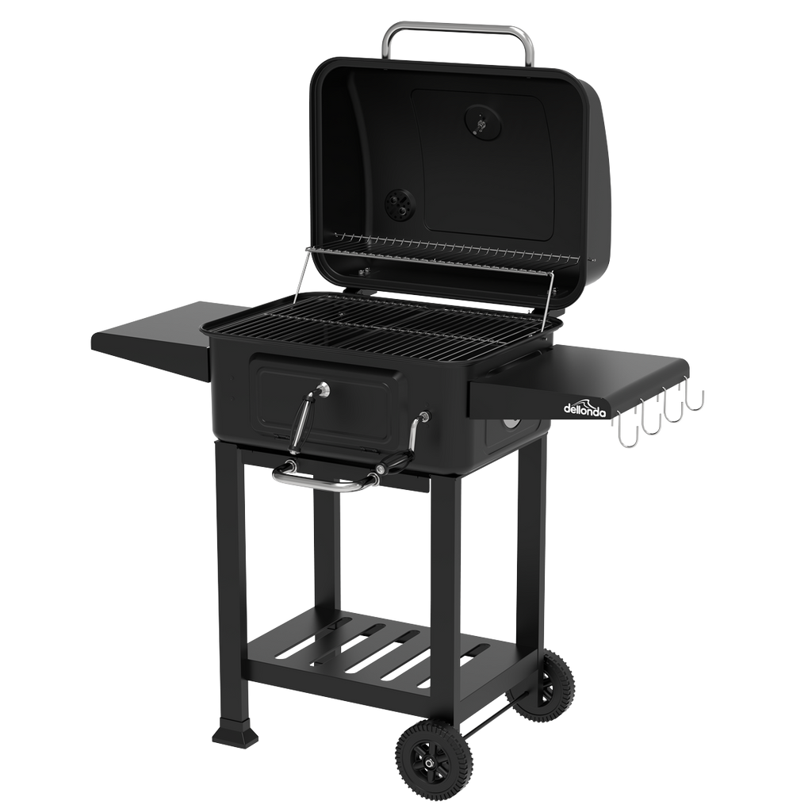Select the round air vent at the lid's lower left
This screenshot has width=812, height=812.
point(396,205)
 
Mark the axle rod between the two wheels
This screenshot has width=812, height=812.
point(492,718)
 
